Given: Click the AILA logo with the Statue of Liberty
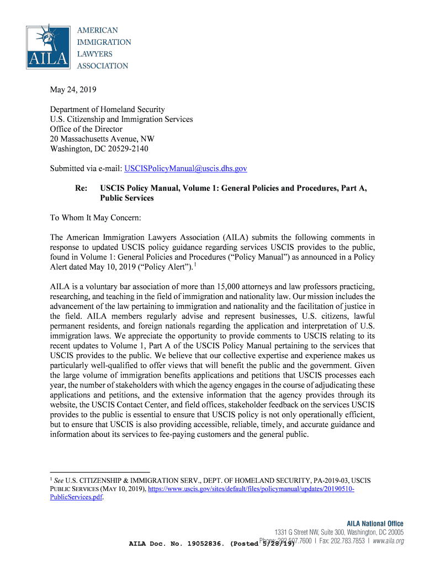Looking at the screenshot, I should click(x=48, y=47).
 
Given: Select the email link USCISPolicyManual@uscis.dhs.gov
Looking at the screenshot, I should click(x=185, y=168).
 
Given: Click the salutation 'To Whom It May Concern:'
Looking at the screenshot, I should click(x=96, y=217).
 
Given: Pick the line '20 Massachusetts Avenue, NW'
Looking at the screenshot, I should click(x=102, y=139).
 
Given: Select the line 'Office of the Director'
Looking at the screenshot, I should click(x=86, y=129).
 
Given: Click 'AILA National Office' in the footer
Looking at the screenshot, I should click(x=375, y=524).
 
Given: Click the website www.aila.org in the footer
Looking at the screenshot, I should click(x=388, y=541).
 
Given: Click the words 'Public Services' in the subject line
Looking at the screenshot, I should click(x=126, y=198).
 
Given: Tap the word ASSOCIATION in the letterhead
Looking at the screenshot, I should click(x=102, y=66).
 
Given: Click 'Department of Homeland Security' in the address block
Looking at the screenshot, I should click(x=107, y=109).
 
